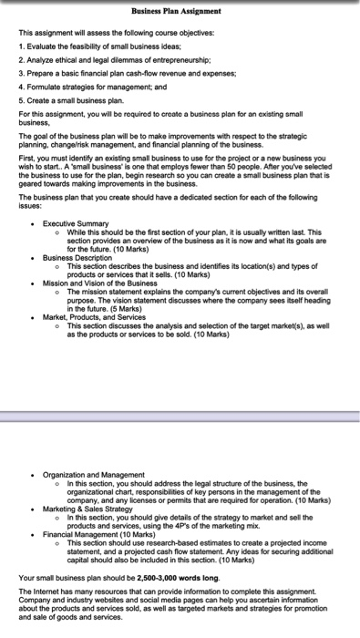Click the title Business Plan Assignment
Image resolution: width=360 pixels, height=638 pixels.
click(x=179, y=10)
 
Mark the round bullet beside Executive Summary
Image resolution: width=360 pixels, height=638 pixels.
click(x=33, y=223)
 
